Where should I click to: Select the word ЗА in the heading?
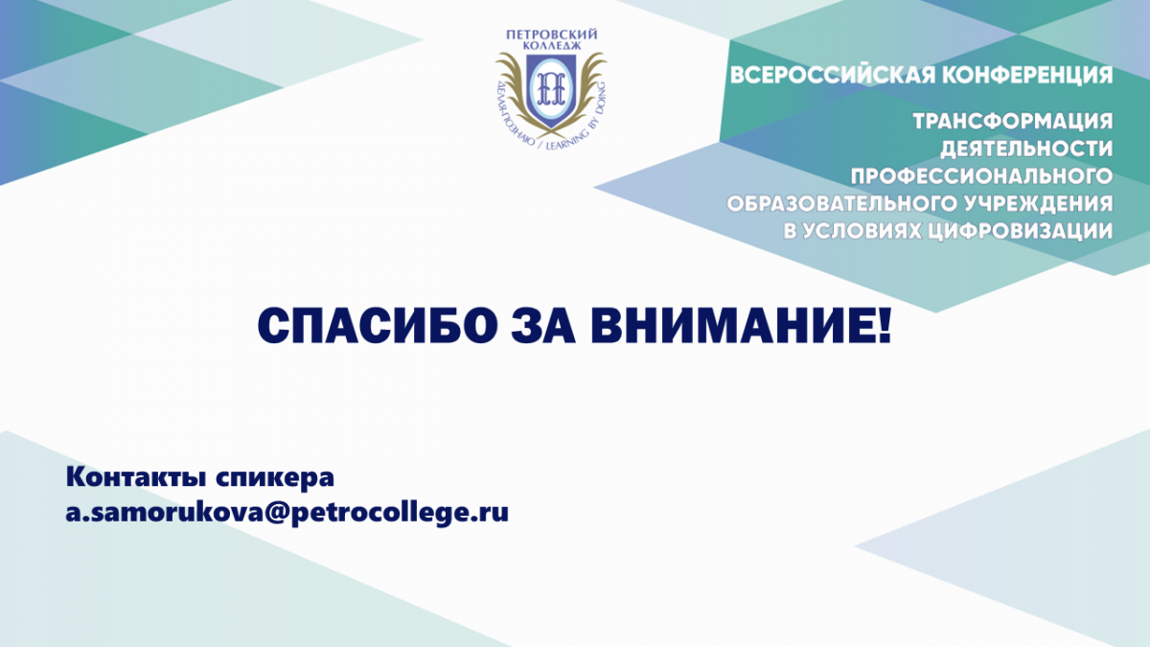543,326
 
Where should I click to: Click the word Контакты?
135,477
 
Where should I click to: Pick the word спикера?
275,478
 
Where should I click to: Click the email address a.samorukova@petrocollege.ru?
287,513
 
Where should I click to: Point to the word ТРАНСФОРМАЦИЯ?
1012,122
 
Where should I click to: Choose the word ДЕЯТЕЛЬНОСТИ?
1026,149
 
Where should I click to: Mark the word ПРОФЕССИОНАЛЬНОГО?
981,176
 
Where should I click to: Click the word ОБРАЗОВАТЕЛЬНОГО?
841,204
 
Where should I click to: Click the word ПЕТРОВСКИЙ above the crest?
551,35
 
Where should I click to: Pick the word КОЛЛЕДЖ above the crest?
551,46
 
